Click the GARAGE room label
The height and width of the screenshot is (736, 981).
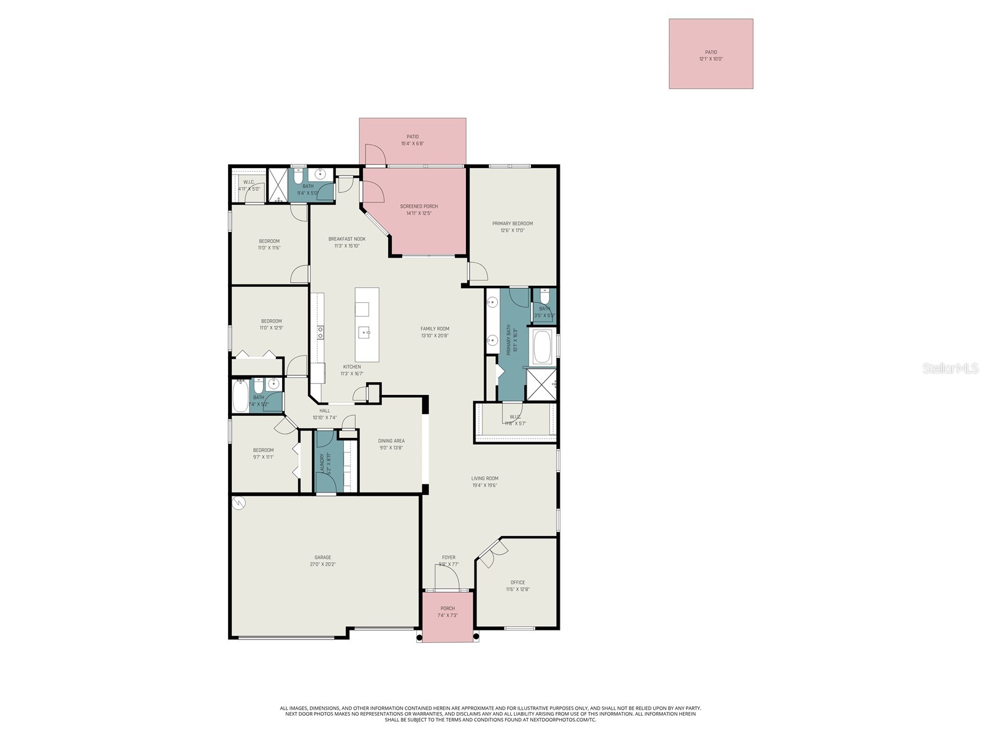(323, 558)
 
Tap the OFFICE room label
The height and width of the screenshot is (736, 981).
(517, 583)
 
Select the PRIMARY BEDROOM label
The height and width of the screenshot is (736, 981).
(512, 224)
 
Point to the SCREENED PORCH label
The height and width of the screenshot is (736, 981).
(419, 207)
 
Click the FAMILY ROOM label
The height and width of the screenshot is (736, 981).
(435, 329)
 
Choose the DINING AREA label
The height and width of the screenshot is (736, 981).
(391, 441)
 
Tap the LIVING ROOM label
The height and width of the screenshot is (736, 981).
(484, 478)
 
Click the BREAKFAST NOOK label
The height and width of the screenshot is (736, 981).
(346, 239)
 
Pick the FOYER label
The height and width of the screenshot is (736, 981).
(448, 558)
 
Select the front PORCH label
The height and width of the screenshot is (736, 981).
(448, 608)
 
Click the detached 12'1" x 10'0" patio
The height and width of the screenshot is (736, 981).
(711, 54)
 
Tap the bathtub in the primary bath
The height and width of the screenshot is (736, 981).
(541, 348)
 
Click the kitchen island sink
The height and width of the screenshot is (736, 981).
(367, 333)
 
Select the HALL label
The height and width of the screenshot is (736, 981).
(324, 411)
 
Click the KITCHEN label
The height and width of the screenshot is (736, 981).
(352, 367)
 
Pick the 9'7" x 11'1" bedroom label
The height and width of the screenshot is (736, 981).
(263, 450)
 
